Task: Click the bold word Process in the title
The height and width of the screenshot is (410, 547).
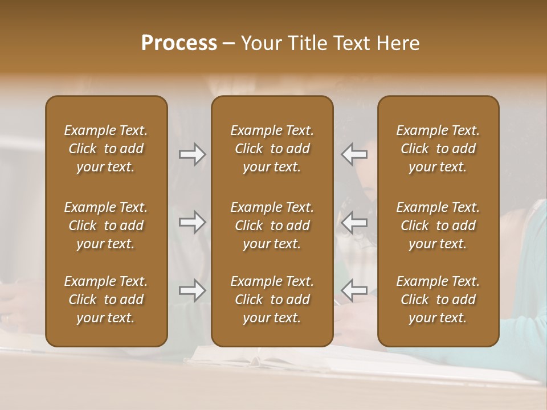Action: [179, 43]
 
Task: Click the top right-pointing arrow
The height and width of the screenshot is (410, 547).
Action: [192, 154]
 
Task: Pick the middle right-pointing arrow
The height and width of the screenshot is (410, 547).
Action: [192, 222]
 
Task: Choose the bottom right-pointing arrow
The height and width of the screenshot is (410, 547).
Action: [192, 290]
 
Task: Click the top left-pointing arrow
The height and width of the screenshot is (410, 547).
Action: [354, 154]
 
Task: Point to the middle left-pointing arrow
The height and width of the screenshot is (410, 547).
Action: [354, 222]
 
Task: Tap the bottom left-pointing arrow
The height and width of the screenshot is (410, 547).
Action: [354, 290]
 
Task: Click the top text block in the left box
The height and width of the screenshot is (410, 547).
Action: [106, 149]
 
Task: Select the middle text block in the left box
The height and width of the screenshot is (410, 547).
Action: [106, 225]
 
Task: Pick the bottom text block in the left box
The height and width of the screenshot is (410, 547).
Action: [106, 300]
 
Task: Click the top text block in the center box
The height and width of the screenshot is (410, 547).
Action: [272, 149]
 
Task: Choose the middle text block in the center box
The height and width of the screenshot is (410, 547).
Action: [272, 225]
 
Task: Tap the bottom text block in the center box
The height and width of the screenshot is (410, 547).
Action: [272, 300]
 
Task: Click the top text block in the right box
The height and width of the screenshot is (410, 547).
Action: [438, 149]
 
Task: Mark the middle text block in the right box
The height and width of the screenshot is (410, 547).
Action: [438, 225]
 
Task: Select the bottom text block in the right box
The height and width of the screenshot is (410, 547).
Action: [438, 300]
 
